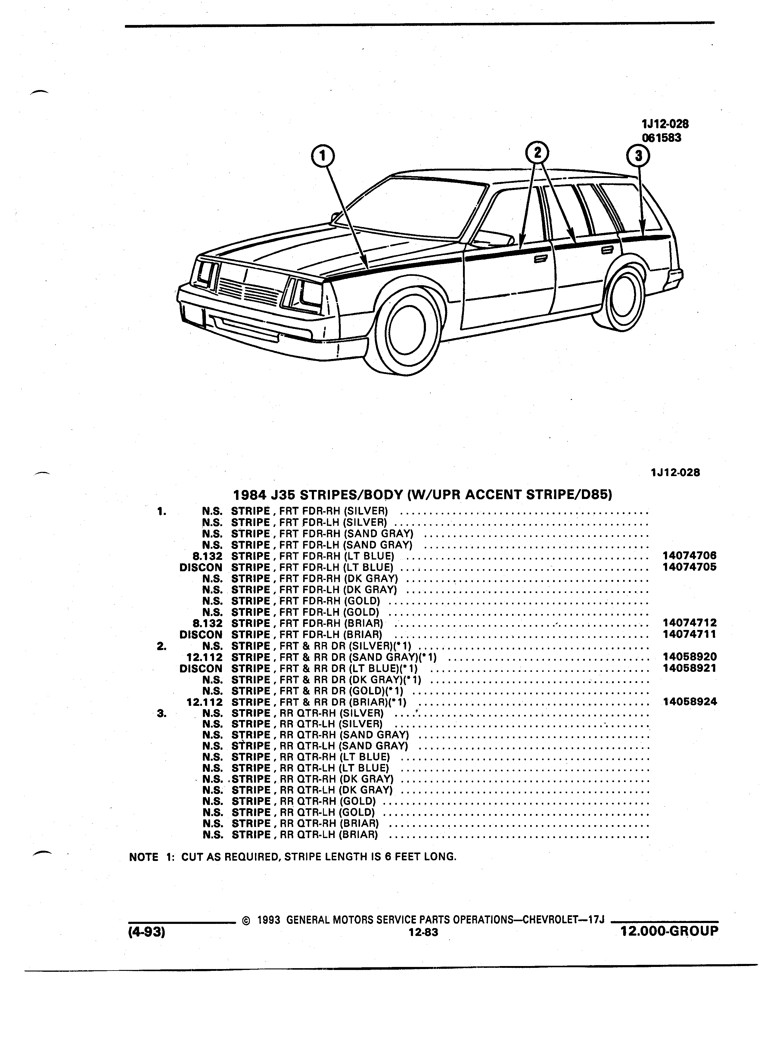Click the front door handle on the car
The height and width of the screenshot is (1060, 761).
click(x=541, y=258)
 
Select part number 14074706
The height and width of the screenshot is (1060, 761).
click(x=689, y=556)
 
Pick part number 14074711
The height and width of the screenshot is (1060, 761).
click(x=689, y=634)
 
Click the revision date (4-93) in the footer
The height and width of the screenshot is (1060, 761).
click(x=147, y=932)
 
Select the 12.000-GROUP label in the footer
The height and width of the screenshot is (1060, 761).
click(x=669, y=931)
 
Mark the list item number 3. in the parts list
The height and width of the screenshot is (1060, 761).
click(x=162, y=713)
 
